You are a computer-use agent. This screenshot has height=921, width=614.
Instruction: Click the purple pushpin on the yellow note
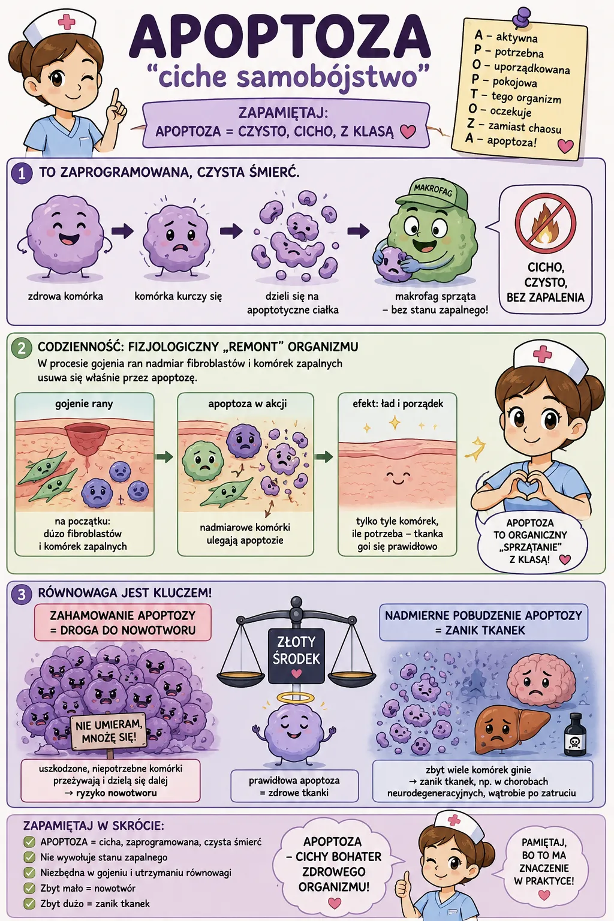click(521, 17)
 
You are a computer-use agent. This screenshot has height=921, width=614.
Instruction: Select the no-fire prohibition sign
click(545, 224)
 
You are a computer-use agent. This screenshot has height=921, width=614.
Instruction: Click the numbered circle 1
click(22, 173)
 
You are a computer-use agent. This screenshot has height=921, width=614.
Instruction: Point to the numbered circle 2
click(22, 348)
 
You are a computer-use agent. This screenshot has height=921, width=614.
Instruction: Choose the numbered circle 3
click(22, 595)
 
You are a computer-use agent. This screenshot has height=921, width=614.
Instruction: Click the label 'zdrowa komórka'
click(65, 296)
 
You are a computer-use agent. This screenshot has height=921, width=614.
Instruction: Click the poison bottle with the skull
click(575, 735)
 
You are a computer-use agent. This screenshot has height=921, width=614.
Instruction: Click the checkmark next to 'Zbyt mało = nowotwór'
click(29, 889)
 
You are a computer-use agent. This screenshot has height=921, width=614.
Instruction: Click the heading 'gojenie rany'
click(84, 404)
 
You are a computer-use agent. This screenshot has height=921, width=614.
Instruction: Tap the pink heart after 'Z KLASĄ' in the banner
click(408, 131)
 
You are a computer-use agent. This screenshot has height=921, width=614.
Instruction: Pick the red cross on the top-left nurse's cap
click(66, 22)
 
